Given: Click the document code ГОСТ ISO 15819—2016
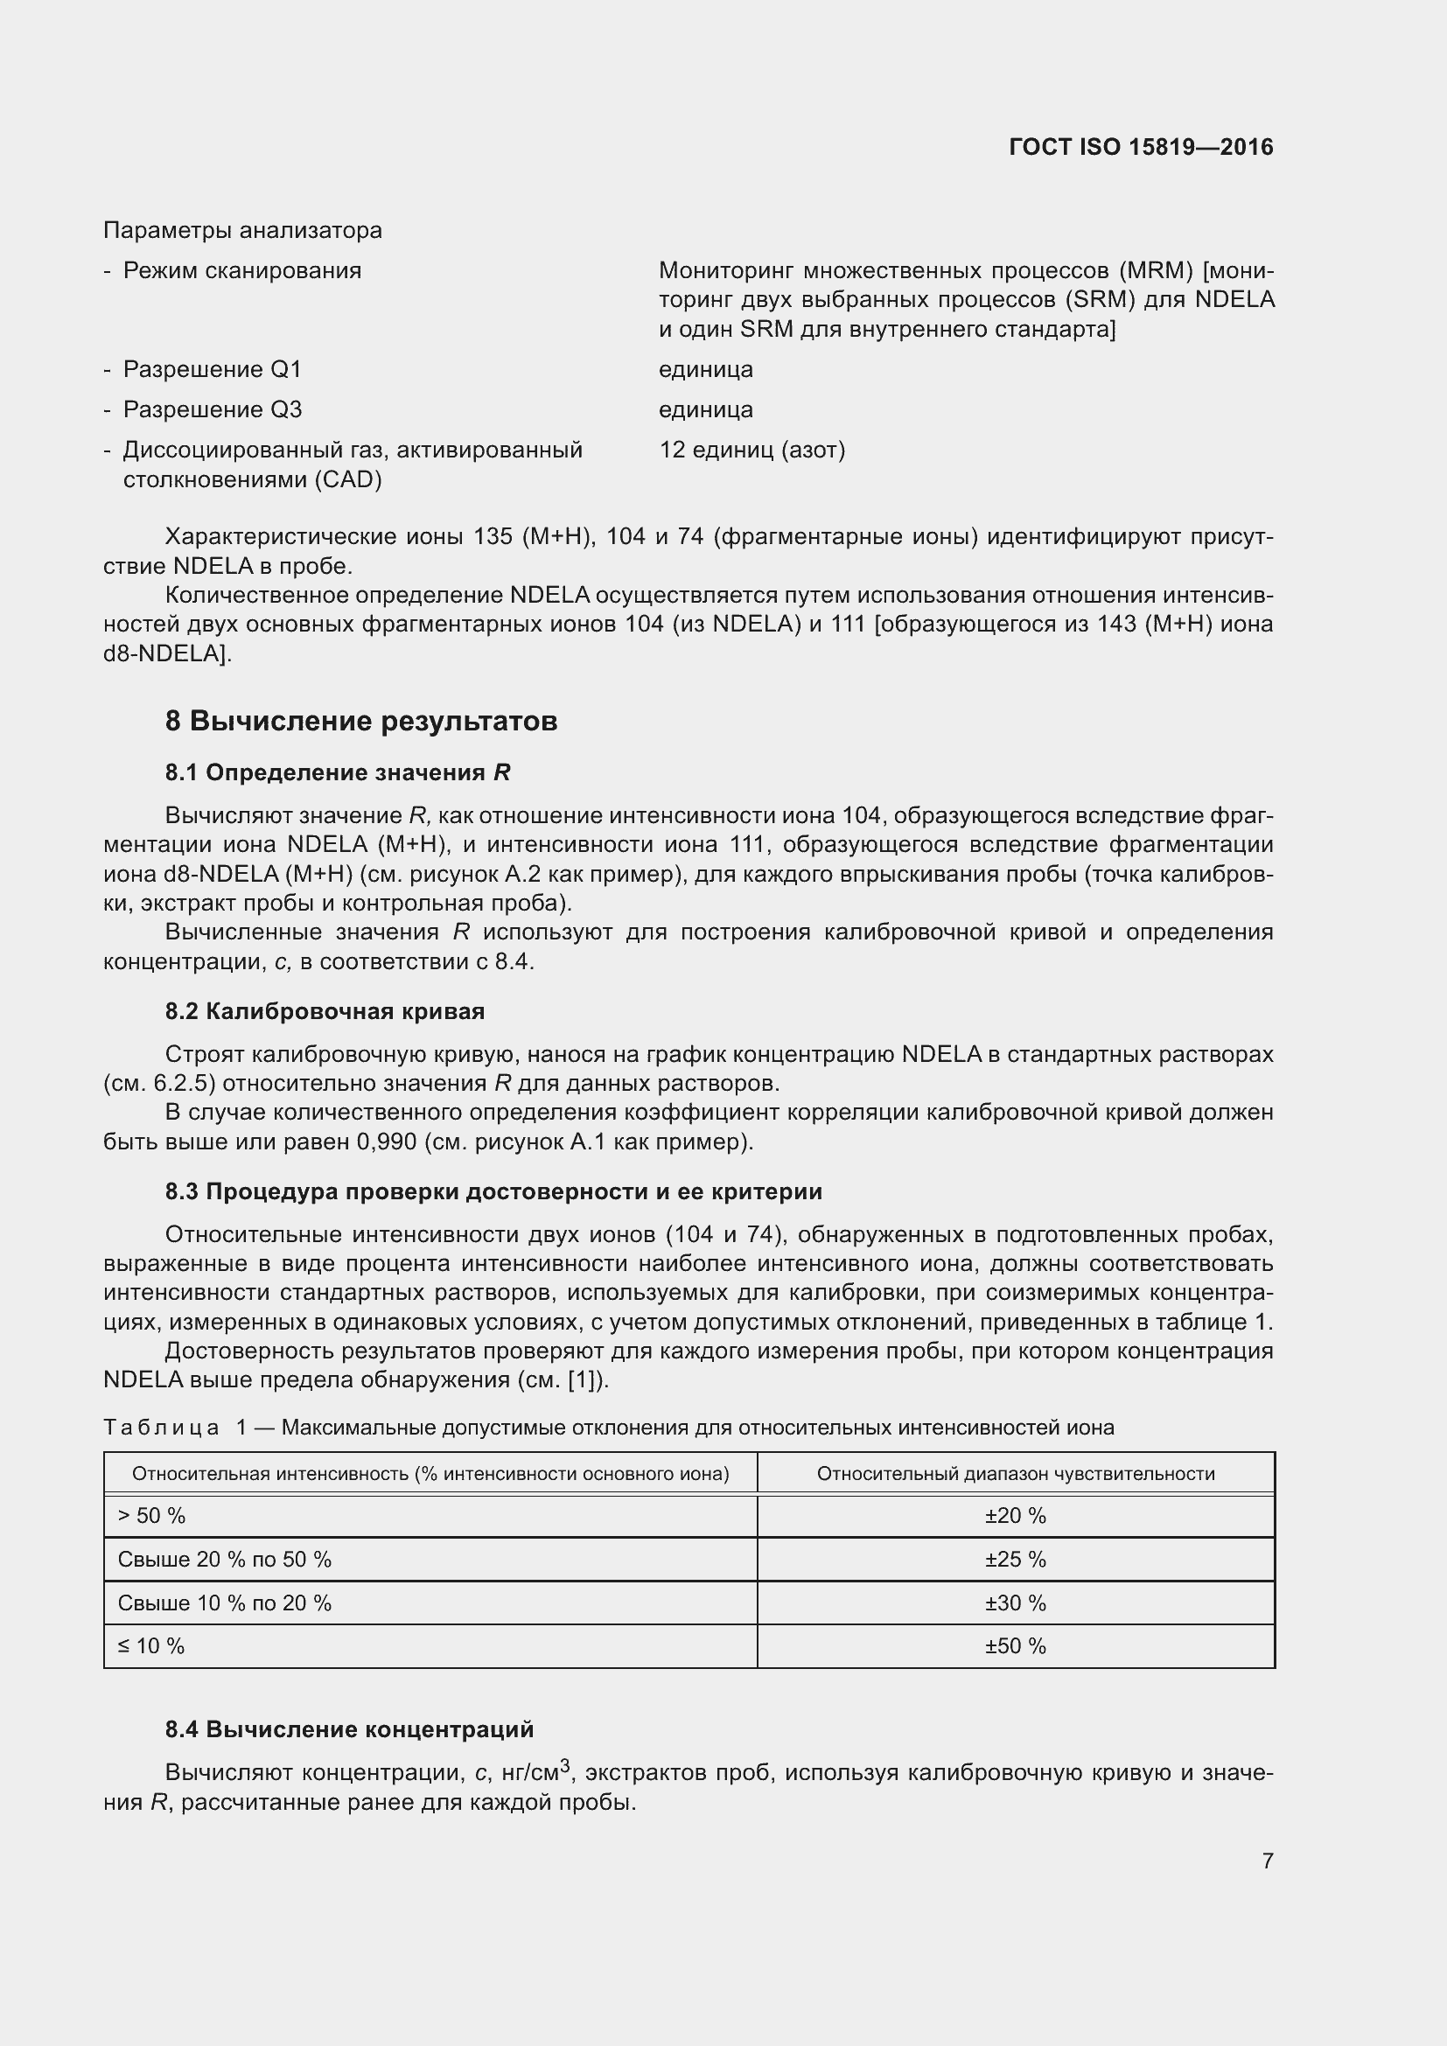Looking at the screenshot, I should click(x=1141, y=147).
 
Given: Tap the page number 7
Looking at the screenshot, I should click(x=1267, y=1861).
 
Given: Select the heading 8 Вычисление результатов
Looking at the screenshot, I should click(x=360, y=721).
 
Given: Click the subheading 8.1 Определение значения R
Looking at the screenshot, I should click(x=337, y=772).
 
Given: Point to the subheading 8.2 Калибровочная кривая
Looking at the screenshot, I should click(x=325, y=1011).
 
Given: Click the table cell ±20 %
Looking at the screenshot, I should click(x=1015, y=1516).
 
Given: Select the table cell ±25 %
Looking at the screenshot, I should click(x=1015, y=1560).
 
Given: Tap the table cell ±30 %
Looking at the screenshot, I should click(x=1015, y=1603).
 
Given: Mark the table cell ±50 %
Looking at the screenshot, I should click(x=1015, y=1646).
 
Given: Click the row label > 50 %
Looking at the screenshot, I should click(x=151, y=1516).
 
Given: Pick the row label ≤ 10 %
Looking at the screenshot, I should click(x=150, y=1646).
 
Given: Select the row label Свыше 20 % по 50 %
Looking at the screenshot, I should click(x=224, y=1560).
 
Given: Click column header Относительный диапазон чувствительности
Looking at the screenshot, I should click(x=1015, y=1474).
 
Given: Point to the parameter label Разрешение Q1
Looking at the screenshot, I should click(x=212, y=369).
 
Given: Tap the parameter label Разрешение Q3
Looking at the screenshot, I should click(x=212, y=410).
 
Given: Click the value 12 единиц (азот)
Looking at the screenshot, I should click(x=752, y=450).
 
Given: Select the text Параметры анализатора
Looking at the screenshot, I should click(x=242, y=231).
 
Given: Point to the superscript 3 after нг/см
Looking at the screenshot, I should click(x=565, y=1765).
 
